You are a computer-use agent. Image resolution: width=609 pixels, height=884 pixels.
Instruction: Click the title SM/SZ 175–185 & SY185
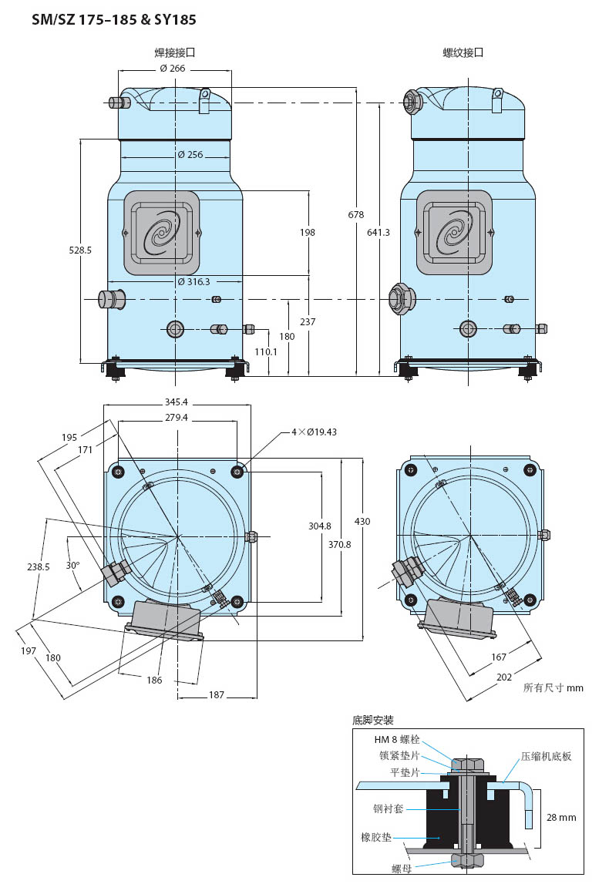(114, 20)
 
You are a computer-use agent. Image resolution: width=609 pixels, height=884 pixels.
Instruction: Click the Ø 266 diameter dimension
(173, 69)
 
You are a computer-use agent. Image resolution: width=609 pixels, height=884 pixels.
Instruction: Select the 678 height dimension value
(356, 214)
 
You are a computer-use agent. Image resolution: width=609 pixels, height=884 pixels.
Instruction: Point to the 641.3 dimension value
(379, 232)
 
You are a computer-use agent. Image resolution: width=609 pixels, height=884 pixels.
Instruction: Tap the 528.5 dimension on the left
(80, 250)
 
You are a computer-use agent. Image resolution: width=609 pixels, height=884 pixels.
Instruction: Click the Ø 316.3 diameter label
(194, 281)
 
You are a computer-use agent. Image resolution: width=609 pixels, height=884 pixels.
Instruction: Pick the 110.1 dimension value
(266, 351)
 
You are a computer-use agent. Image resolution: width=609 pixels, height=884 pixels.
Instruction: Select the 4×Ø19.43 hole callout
(314, 432)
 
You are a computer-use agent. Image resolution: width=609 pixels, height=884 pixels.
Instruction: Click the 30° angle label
(72, 565)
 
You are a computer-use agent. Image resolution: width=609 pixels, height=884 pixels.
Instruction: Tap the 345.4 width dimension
(177, 402)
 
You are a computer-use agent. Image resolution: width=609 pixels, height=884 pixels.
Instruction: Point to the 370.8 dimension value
(339, 544)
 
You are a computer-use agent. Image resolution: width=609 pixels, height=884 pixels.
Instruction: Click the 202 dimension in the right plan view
(504, 677)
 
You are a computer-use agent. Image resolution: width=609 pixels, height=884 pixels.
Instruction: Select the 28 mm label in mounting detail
(562, 817)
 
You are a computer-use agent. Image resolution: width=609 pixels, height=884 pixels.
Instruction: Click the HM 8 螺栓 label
(397, 739)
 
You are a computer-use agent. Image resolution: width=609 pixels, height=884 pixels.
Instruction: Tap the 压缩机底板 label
(546, 756)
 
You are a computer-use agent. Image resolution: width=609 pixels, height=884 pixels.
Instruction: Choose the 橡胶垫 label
(376, 837)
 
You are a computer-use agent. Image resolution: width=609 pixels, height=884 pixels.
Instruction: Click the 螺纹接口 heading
(463, 52)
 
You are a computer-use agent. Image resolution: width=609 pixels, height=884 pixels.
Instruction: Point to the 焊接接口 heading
(175, 52)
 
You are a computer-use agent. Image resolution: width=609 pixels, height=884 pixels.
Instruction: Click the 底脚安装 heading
(373, 720)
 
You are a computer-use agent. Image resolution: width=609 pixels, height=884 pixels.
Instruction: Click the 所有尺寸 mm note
(553, 687)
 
